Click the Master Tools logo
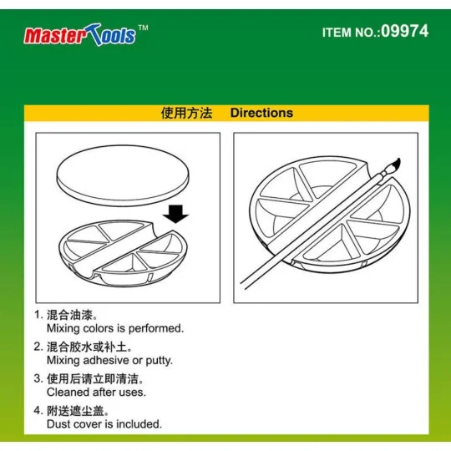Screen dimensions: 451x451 (80, 35)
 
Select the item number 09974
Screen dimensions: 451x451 (404, 32)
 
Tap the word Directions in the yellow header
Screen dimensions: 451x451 (261, 113)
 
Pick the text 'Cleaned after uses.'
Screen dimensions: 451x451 (96, 392)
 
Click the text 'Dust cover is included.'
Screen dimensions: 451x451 (104, 423)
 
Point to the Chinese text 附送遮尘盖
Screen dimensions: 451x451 (79, 410)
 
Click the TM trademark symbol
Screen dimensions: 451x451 (143, 28)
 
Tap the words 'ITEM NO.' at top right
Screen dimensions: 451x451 (348, 33)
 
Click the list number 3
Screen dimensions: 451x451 (38, 378)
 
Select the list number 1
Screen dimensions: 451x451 (38, 316)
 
